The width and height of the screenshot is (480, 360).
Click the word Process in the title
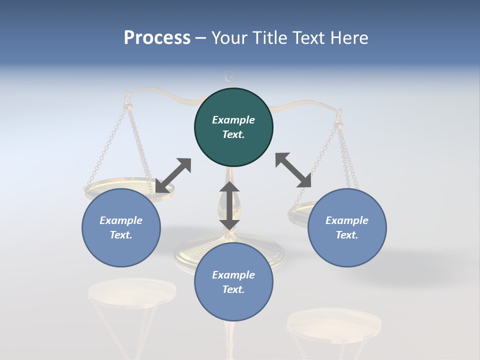pyautogui.click(x=157, y=38)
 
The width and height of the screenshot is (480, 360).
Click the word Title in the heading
pyautogui.click(x=269, y=38)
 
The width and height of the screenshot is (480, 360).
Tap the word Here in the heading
pyautogui.click(x=350, y=38)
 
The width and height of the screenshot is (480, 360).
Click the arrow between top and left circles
pyautogui.click(x=173, y=175)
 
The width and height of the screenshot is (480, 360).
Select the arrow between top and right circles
pyautogui.click(x=293, y=170)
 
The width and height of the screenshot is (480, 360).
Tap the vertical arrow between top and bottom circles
pyautogui.click(x=229, y=205)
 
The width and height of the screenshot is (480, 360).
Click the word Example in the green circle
pyautogui.click(x=233, y=120)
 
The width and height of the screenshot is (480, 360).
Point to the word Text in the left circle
pyautogui.click(x=121, y=235)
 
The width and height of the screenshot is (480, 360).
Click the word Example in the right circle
pyautogui.click(x=347, y=220)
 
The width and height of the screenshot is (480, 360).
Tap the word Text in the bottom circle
pyautogui.click(x=233, y=289)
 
